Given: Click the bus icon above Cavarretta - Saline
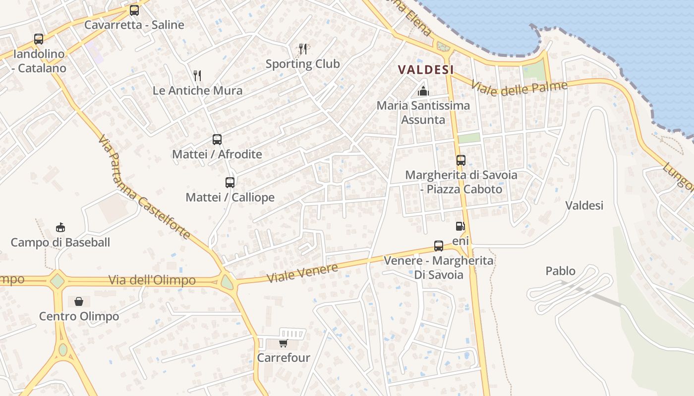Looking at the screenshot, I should [134, 10].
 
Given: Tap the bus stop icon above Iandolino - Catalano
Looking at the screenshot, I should [39, 39].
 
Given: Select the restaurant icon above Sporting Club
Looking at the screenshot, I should [303, 49].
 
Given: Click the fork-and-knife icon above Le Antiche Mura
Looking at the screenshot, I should [197, 75].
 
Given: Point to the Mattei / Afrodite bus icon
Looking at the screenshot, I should [217, 140].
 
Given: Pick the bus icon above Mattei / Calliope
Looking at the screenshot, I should [230, 183].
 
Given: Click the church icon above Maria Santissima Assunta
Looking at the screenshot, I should [423, 91].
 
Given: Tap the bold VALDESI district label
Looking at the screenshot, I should [426, 70].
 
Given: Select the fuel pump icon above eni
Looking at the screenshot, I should [461, 227].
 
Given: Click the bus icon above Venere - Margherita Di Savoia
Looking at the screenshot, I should [439, 246].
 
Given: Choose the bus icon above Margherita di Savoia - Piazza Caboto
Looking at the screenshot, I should [461, 160].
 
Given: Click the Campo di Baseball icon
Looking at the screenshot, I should [60, 228].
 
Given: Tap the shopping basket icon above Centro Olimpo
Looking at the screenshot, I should [79, 301].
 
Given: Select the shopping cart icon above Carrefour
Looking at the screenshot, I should [283, 343].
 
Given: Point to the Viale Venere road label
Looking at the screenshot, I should [302, 273].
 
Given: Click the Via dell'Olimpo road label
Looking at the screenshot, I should [152, 281].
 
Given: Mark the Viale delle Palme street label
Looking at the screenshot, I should [519, 89].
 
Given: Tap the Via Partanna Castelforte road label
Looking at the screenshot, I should [144, 188].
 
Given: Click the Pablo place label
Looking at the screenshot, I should [561, 271].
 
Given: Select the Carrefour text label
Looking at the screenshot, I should [284, 357].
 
